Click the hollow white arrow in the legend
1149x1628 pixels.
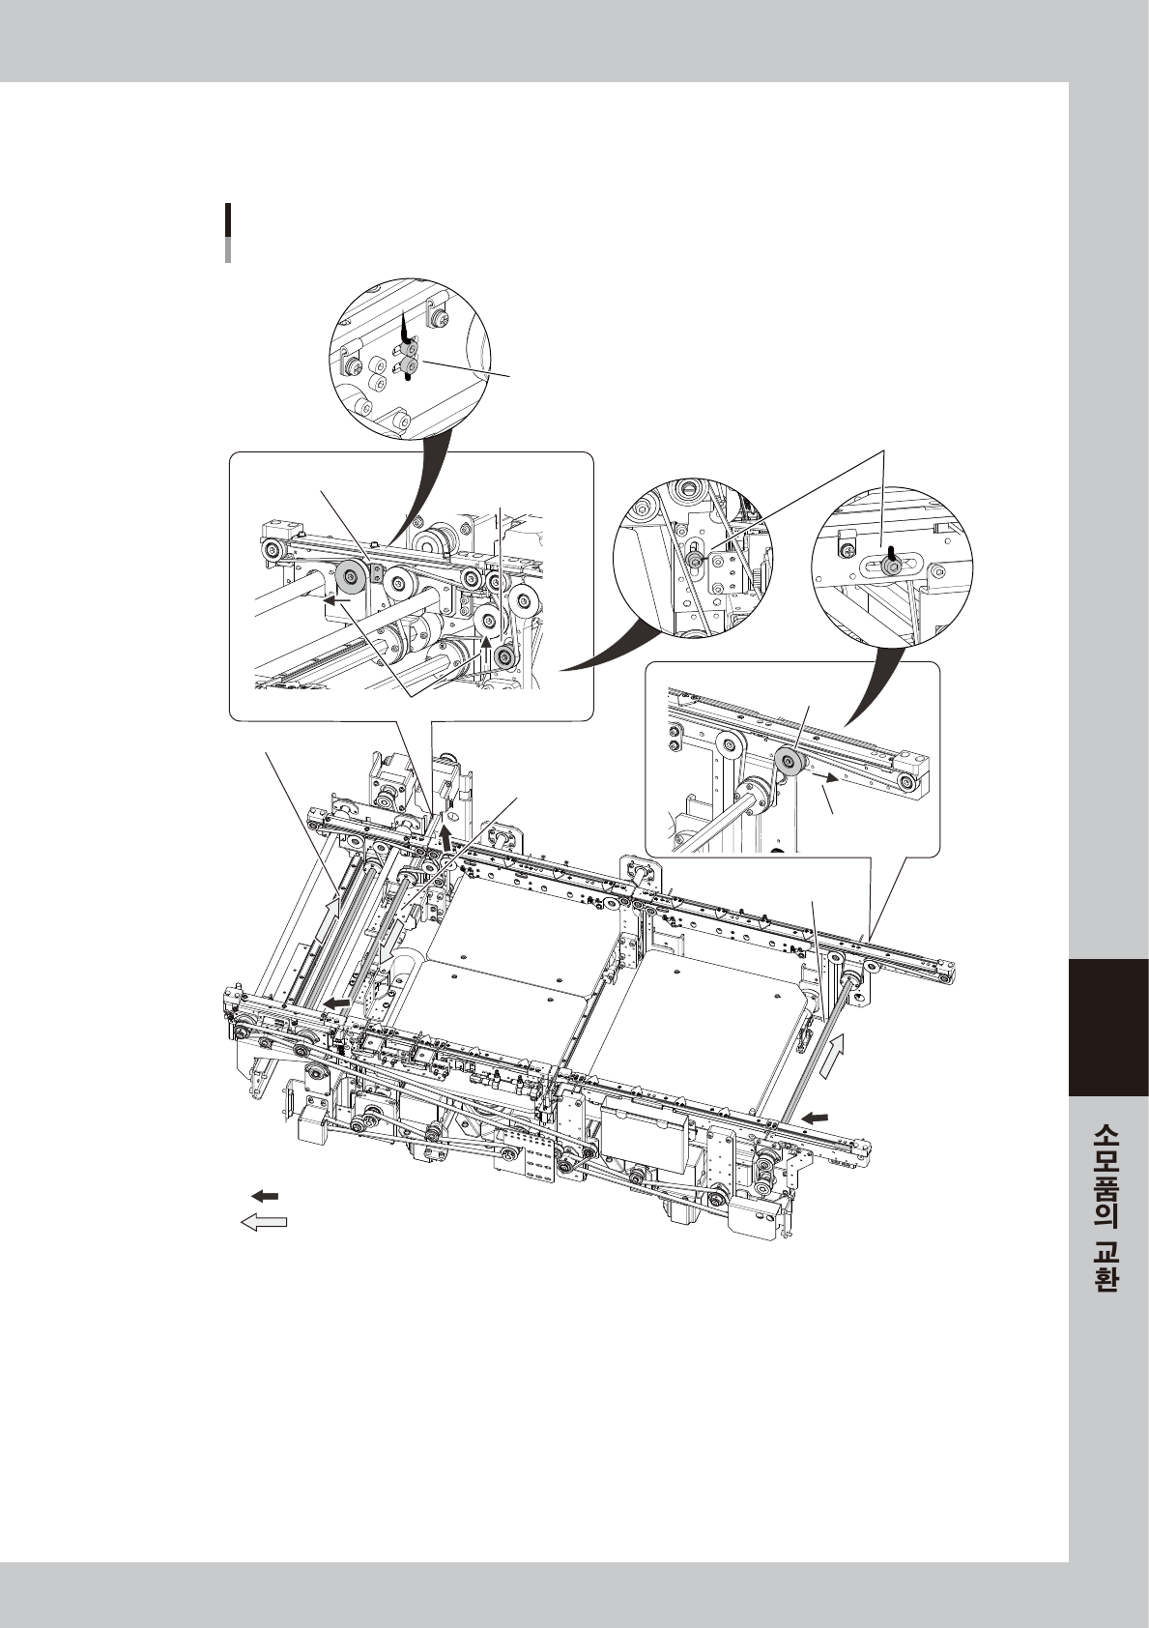tap(263, 1223)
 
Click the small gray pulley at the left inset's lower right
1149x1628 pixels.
tap(503, 659)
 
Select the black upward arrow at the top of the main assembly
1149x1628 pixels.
tap(445, 834)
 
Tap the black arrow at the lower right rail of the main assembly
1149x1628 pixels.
tap(815, 1118)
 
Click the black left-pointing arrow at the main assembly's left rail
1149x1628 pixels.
tap(336, 1005)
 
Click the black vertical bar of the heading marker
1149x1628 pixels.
tap(228, 220)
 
